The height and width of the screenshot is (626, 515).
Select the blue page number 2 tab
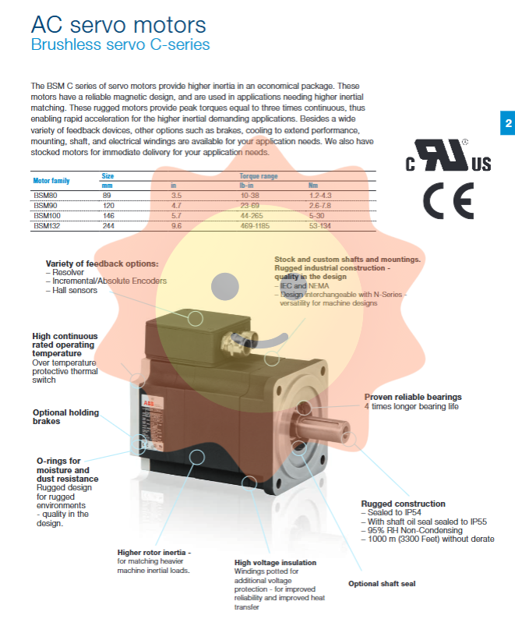click(507, 123)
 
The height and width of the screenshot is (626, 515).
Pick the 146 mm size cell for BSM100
click(109, 215)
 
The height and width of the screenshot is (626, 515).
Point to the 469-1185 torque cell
click(256, 226)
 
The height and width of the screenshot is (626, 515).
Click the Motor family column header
click(51, 181)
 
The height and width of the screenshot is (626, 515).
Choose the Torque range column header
click(258, 176)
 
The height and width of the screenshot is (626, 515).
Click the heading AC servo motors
click(118, 25)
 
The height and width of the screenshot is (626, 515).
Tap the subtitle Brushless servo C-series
click(120, 44)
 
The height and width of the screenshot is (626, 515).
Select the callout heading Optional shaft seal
click(382, 583)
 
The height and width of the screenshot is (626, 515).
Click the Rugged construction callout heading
click(403, 504)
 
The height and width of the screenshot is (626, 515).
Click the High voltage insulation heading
click(275, 562)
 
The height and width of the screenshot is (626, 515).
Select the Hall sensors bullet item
click(74, 290)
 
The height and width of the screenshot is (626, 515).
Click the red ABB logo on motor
click(149, 402)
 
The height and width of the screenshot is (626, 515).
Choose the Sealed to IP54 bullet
click(390, 513)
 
